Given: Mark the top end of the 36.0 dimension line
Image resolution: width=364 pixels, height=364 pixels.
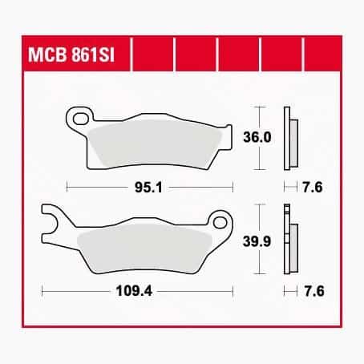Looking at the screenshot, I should tap(257, 106).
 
